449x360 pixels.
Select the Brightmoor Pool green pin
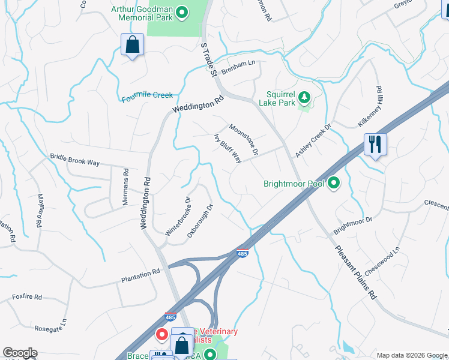[334, 184]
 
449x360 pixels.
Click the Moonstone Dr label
[243, 140]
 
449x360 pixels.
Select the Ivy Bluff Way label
[228, 148]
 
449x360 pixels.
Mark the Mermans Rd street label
[126, 187]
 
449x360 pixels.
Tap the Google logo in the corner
[20, 353]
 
